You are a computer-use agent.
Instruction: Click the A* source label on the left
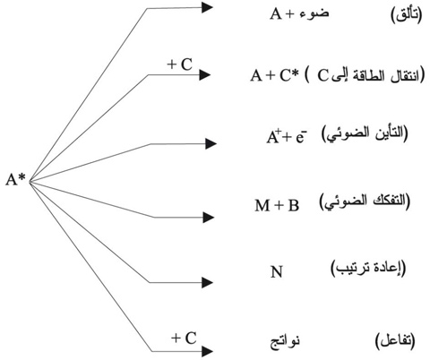click(x=16, y=180)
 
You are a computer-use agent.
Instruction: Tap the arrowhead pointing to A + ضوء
click(x=207, y=7)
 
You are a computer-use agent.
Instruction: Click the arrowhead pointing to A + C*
click(x=205, y=74)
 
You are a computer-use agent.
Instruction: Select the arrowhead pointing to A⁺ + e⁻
click(x=211, y=144)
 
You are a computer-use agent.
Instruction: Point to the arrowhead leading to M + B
click(x=208, y=218)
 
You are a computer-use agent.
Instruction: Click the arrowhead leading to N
click(x=207, y=282)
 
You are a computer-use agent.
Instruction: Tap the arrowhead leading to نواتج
click(x=207, y=351)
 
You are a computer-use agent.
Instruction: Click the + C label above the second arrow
click(x=180, y=64)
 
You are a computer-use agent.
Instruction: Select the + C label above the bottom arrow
click(x=184, y=339)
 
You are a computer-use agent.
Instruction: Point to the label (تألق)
click(x=407, y=15)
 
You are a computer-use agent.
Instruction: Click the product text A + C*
click(x=275, y=75)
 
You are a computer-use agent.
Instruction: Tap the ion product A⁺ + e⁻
click(x=287, y=137)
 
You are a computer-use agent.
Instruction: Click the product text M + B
click(x=277, y=205)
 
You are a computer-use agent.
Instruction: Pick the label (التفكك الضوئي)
click(x=365, y=202)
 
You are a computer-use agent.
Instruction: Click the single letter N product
click(x=276, y=271)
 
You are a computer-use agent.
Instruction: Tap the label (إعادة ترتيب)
click(x=368, y=268)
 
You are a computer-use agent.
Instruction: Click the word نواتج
click(x=285, y=342)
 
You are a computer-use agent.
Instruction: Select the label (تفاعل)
click(x=395, y=341)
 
